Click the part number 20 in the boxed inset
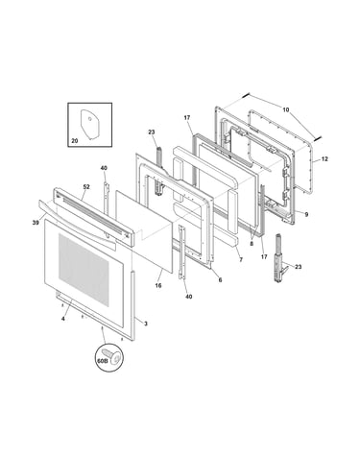click(74, 140)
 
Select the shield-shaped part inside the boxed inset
click(89, 124)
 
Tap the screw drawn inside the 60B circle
click(113, 357)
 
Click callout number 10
click(286, 109)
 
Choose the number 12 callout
click(324, 158)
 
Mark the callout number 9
click(306, 214)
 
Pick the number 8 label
click(252, 243)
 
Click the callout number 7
click(241, 260)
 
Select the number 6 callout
click(220, 279)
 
